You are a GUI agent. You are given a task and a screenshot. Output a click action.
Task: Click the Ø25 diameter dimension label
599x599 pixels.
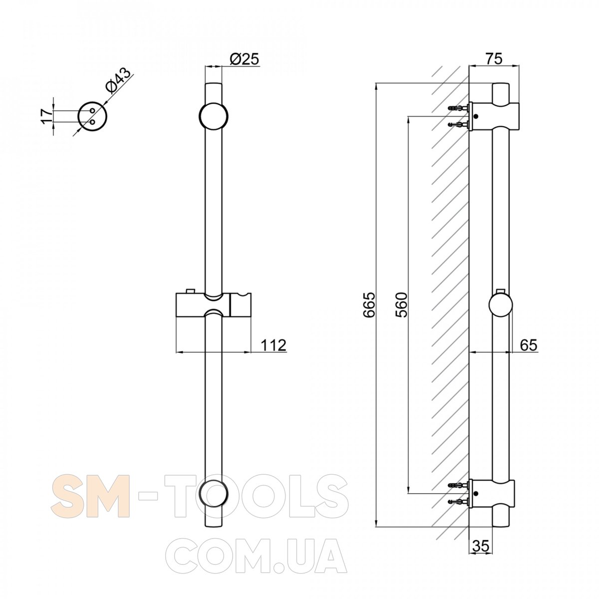click(244, 59)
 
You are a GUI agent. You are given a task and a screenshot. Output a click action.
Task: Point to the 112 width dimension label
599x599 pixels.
click(273, 345)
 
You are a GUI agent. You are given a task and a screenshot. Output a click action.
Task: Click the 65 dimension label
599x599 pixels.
click(529, 345)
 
